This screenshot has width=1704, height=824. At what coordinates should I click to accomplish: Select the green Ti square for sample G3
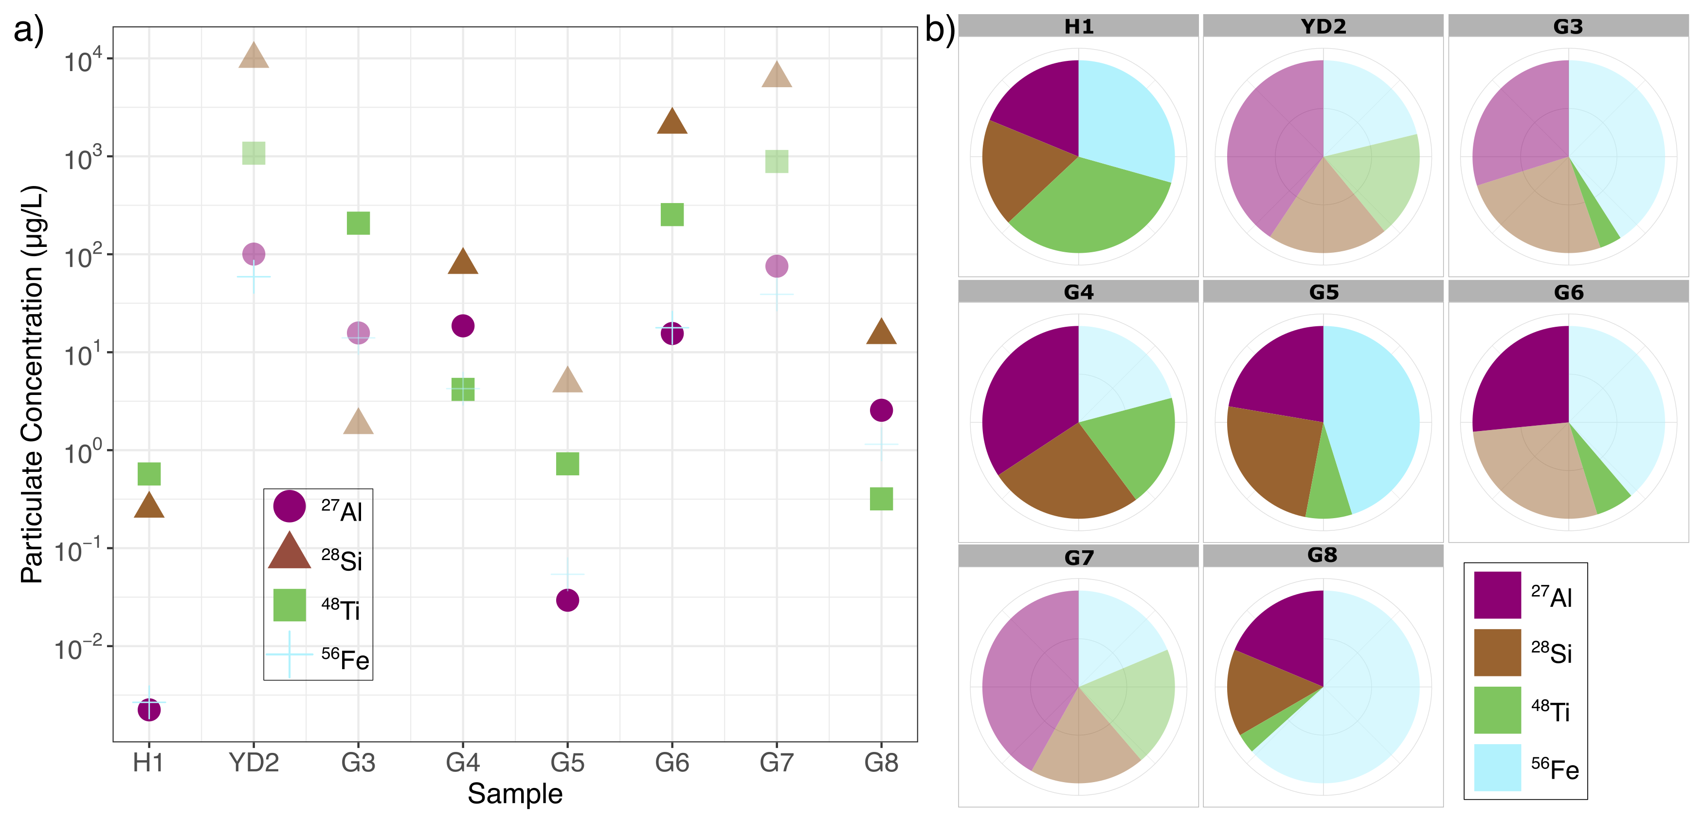pos(358,223)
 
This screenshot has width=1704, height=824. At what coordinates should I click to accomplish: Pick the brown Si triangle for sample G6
pos(672,122)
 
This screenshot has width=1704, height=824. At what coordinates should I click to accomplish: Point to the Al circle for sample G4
pos(462,326)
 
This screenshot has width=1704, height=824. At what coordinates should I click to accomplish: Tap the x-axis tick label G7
pos(776,763)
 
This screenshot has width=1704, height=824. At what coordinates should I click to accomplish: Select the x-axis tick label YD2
pos(254,763)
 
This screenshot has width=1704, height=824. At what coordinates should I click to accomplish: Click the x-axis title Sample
pos(515,793)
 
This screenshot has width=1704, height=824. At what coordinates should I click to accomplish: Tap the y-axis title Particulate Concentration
pos(32,384)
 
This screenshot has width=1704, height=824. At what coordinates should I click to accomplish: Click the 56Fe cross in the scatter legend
pos(289,655)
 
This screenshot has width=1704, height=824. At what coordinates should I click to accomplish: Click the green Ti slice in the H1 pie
pos(1088,212)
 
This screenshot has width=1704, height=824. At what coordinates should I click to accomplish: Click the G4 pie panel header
pos(1078,292)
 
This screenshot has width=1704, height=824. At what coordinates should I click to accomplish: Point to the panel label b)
pos(939,29)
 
